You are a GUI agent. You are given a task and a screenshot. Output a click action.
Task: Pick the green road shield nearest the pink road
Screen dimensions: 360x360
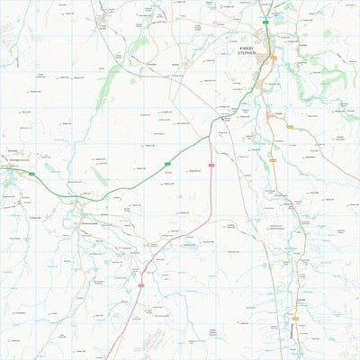click(167, 163)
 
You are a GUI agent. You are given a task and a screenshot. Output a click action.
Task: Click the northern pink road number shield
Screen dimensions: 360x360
click(211, 165)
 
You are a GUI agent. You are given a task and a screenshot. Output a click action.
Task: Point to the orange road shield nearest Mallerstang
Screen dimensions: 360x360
click(290, 127)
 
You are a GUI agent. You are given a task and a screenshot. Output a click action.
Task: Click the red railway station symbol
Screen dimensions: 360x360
click(225, 114)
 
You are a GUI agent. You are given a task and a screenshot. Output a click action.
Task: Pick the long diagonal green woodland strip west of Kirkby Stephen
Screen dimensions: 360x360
click(108, 81)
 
